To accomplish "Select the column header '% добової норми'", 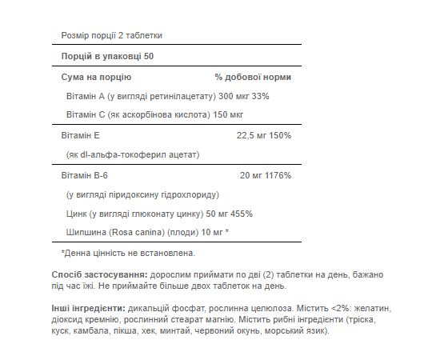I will point(253,78).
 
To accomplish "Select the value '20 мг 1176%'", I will point(261,174).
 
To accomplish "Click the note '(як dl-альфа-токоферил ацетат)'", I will point(132,154).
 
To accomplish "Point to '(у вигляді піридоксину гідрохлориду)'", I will point(142,194).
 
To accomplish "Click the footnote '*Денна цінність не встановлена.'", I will point(128,253).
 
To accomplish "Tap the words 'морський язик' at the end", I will point(304,331).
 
